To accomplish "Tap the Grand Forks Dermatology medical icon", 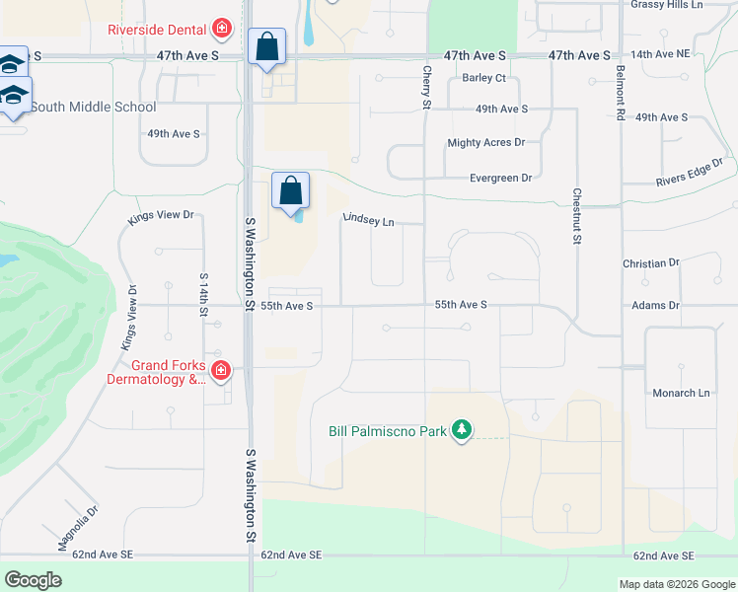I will click(x=221, y=371).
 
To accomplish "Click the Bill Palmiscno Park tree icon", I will click(x=461, y=429).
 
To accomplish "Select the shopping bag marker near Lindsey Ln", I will click(x=291, y=189).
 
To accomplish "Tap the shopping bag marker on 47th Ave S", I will click(x=266, y=45).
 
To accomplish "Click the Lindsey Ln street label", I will click(x=368, y=220).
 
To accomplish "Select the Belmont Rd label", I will click(x=620, y=93).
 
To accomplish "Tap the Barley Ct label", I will click(x=484, y=78).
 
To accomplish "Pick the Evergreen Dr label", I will click(x=501, y=178).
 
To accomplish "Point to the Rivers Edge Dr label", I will click(x=690, y=173).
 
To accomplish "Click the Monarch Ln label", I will click(x=681, y=393).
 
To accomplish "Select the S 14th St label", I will click(x=203, y=294).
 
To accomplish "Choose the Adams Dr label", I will click(x=655, y=306).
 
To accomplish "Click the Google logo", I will click(x=34, y=580).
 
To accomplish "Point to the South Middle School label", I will click(x=94, y=107).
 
